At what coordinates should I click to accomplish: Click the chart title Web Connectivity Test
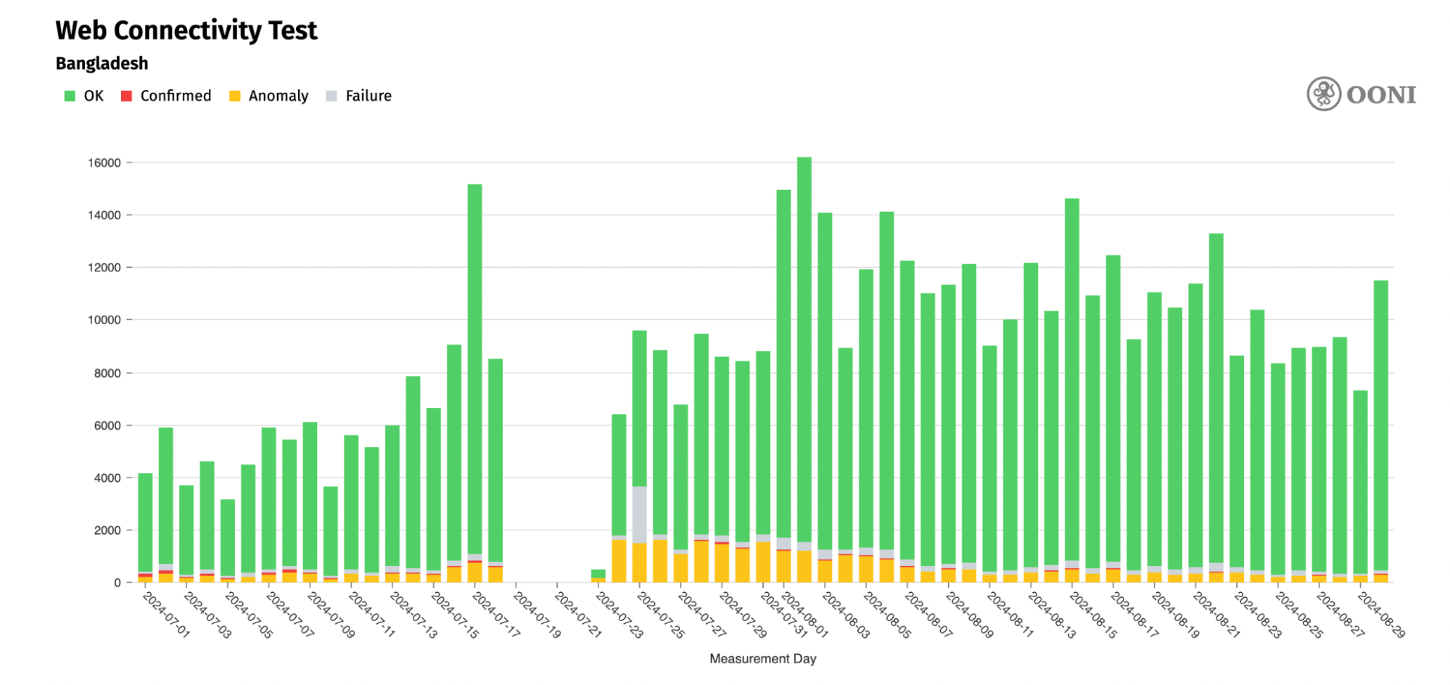(x=186, y=30)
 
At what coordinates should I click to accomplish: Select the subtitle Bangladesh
(x=102, y=64)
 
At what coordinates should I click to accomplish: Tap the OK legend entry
(x=84, y=96)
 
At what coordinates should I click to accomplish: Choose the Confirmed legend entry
(x=166, y=96)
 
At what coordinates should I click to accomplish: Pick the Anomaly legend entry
(x=269, y=96)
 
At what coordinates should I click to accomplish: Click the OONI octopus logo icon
(x=1324, y=94)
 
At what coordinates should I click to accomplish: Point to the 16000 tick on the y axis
(x=104, y=163)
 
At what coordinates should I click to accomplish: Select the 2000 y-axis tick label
(x=107, y=530)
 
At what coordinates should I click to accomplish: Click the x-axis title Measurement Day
(x=762, y=659)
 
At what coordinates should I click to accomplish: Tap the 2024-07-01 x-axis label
(x=166, y=615)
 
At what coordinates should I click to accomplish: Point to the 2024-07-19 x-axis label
(x=537, y=615)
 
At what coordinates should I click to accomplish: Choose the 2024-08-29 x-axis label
(x=1381, y=615)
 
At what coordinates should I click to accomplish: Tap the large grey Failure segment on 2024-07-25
(x=639, y=514)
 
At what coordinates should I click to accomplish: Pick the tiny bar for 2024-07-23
(x=598, y=575)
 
